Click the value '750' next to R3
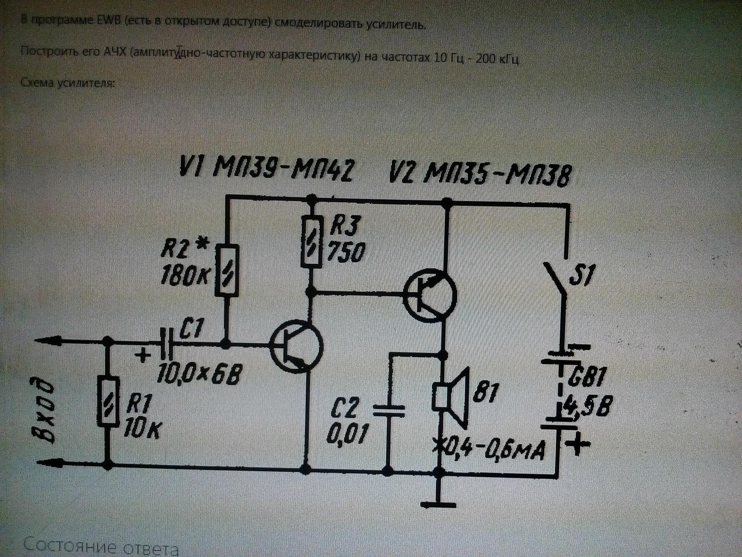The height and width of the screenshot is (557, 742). point(345,252)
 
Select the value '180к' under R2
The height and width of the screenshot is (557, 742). point(185,275)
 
